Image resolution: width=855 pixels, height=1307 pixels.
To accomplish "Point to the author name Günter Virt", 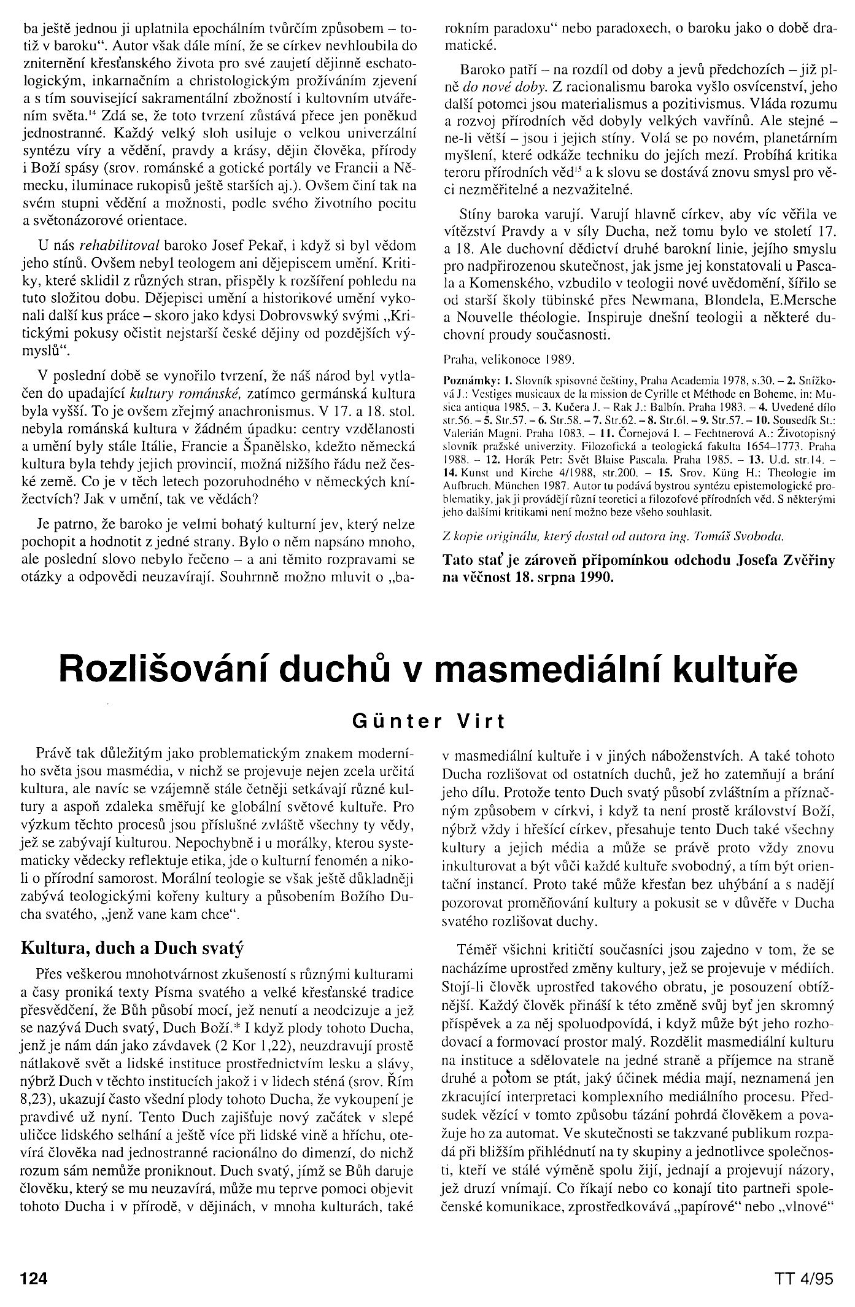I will pos(428,722).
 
